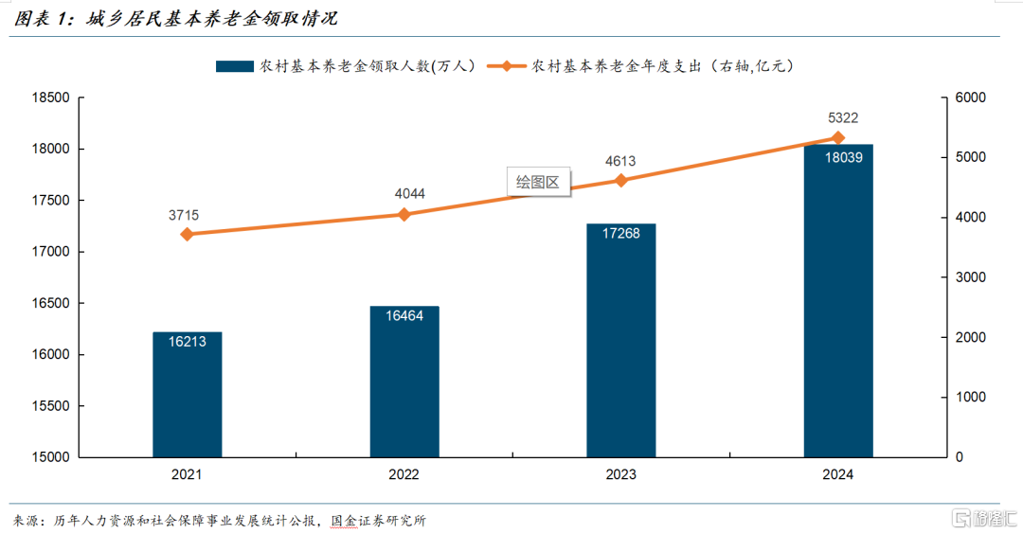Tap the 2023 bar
621,341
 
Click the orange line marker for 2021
187,234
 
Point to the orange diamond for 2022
404,215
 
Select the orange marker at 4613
621,180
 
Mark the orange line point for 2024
838,137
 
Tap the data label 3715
184,215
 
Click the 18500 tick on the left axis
51,98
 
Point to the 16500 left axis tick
51,304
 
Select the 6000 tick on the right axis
972,98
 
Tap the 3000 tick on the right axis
972,277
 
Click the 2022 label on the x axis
404,474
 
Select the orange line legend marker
508,66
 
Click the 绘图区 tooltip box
539,183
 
